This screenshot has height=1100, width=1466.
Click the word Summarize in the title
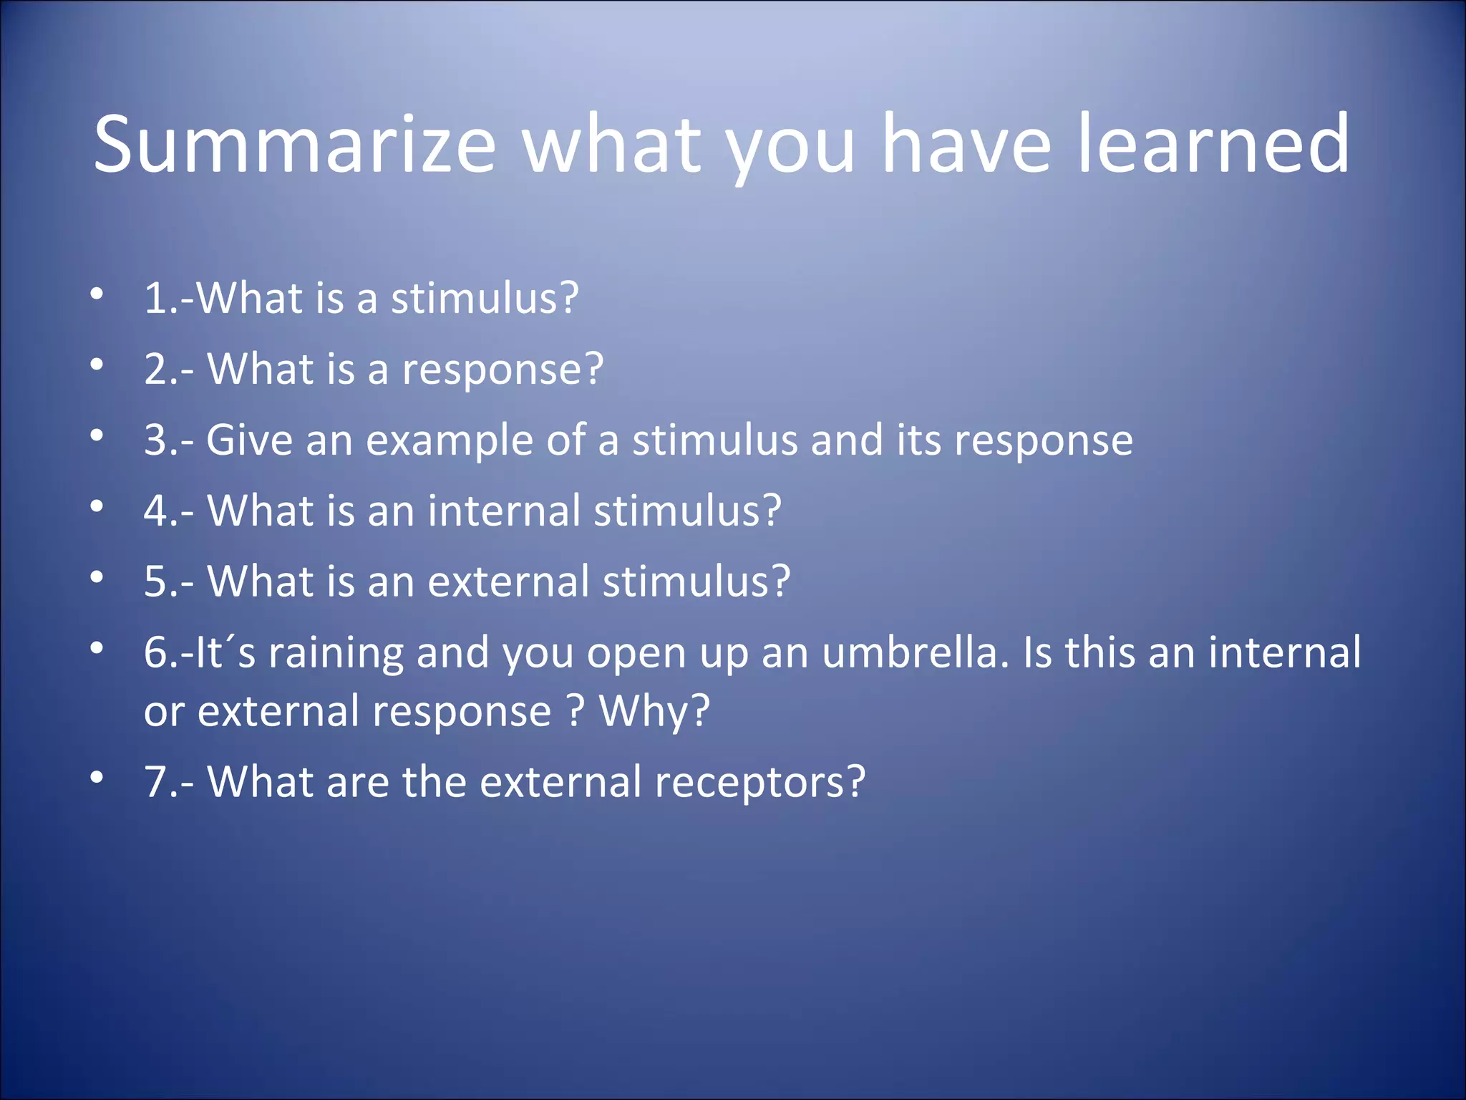click(x=294, y=145)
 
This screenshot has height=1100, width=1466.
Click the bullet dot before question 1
click(x=97, y=294)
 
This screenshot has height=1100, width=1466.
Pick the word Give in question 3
click(x=249, y=440)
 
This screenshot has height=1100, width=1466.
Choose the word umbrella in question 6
click(x=915, y=653)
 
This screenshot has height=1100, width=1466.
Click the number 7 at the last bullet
click(x=156, y=782)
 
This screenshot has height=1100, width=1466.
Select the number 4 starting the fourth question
click(x=155, y=511)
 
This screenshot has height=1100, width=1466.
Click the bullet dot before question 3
click(x=97, y=435)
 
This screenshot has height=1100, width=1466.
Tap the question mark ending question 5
click(x=781, y=582)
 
